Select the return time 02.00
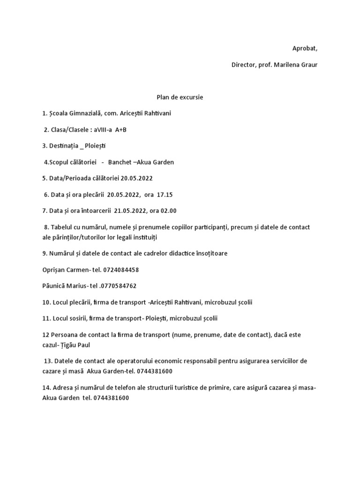point(167,210)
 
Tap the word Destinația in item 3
point(63,146)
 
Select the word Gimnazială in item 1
point(90,113)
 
